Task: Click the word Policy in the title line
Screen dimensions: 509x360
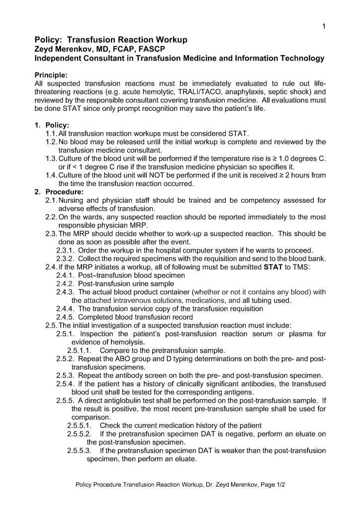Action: pyautogui.click(x=47, y=39)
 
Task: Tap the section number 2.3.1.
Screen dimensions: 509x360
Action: pyautogui.click(x=65, y=250)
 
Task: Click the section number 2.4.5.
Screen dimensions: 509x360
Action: pyautogui.click(x=65, y=317)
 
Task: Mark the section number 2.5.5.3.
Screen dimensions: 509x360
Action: pyautogui.click(x=80, y=451)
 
